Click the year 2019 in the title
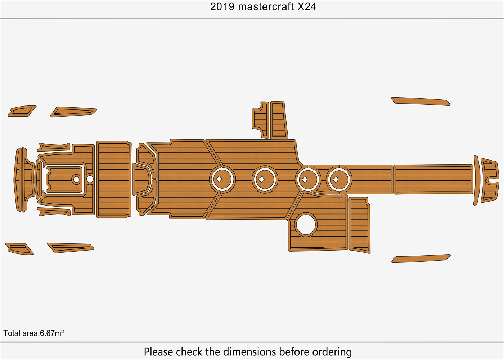click(x=222, y=7)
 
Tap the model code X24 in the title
click(x=307, y=7)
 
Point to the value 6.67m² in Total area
click(x=52, y=333)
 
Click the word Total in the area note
click(x=12, y=333)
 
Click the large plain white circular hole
click(x=306, y=225)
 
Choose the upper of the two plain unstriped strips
click(x=420, y=101)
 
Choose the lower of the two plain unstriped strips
click(x=420, y=258)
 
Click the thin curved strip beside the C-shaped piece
click(x=476, y=180)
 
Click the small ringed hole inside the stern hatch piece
click(x=76, y=179)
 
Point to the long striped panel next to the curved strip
click(x=433, y=179)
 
